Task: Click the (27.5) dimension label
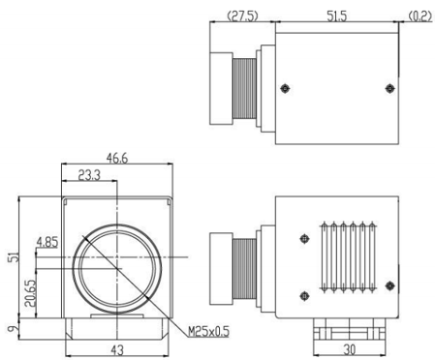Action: click(x=243, y=16)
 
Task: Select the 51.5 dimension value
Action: click(x=336, y=16)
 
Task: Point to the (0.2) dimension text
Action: click(x=419, y=16)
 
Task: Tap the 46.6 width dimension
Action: click(x=117, y=158)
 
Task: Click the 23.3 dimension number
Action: click(x=89, y=175)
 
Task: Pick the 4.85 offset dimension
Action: click(x=47, y=242)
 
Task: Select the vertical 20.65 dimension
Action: click(x=30, y=293)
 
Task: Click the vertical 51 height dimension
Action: click(x=14, y=256)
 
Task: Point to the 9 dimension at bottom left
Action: click(x=12, y=329)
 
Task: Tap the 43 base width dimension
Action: click(x=117, y=350)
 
